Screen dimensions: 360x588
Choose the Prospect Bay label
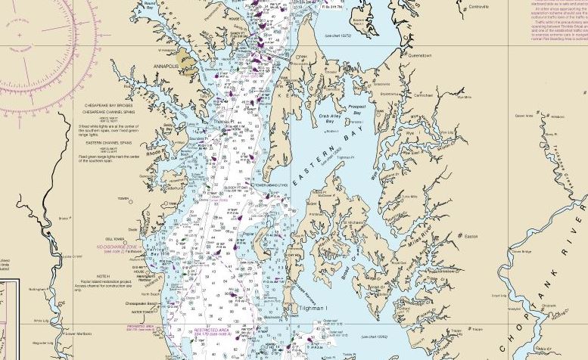click(356, 110)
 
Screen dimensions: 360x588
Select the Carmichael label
click(422, 96)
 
